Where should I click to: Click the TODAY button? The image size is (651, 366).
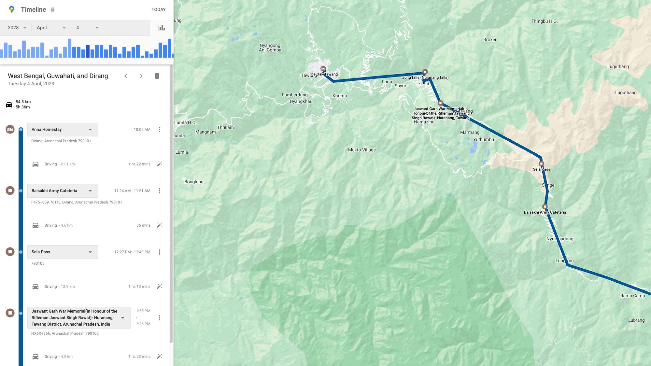coord(158,9)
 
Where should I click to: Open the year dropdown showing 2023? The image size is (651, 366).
coord(17,28)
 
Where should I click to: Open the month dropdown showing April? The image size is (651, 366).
coord(51,28)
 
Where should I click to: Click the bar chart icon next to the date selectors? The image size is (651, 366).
coord(162,28)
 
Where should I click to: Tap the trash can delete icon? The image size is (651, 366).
coord(157,76)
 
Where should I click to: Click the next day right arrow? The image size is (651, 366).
coord(141,76)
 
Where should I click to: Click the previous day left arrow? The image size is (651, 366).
coord(126,76)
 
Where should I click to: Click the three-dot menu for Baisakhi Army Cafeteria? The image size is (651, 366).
coord(160,191)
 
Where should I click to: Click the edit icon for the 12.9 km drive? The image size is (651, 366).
coord(159,287)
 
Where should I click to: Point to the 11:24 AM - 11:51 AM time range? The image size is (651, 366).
coord(132,191)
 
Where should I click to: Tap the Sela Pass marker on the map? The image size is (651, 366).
coord(541,164)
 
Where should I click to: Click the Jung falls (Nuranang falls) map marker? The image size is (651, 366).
coord(425,72)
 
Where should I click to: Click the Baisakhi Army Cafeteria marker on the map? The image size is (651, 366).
coord(545,206)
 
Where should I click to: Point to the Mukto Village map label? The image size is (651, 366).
coord(362,150)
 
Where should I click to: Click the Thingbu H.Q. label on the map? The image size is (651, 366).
coord(545,21)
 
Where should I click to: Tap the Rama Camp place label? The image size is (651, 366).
coord(632,296)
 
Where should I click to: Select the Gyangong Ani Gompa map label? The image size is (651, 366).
coord(270,48)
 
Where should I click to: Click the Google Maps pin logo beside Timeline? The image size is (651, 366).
coord(12,9)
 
